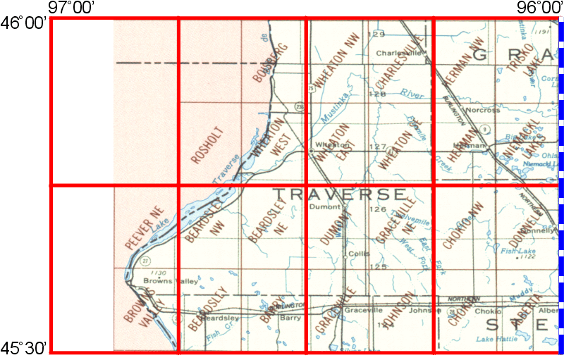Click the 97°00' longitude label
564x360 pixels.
pos(73,7)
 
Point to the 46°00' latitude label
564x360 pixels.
pos(24,23)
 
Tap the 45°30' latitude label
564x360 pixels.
pos(24,347)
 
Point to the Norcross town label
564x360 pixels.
pos(482,110)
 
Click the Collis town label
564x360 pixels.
pos(355,254)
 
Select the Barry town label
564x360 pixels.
pos(290,318)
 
